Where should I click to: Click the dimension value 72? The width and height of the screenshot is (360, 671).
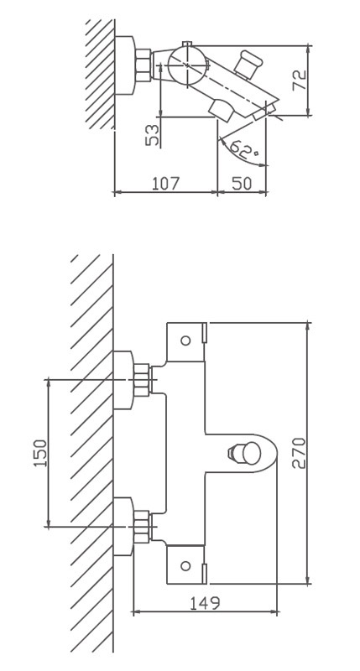[300, 80]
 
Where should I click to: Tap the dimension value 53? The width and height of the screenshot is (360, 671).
[153, 135]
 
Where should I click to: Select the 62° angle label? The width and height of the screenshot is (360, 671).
[244, 148]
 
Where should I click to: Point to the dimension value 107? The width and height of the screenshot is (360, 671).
[166, 183]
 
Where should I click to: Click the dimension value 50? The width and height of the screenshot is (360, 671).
[242, 183]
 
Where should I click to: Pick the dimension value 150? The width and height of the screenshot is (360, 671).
[40, 453]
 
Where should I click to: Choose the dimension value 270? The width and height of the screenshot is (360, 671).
[300, 453]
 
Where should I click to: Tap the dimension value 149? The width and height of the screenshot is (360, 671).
[205, 602]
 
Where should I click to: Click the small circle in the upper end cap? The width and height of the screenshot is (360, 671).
[185, 341]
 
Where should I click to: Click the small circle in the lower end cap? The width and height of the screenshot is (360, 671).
[185, 565]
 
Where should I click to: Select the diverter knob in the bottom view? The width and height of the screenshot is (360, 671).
[244, 452]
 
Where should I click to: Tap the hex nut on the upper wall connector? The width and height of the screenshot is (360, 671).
[143, 379]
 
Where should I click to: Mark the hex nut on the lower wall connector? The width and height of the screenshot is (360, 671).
[143, 527]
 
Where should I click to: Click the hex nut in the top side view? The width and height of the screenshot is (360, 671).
[143, 65]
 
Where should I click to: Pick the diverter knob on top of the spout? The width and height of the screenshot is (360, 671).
[248, 64]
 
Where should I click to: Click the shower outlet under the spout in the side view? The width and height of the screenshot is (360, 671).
[222, 111]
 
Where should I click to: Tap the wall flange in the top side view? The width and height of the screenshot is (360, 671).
[125, 65]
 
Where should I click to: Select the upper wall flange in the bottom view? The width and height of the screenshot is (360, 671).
[123, 380]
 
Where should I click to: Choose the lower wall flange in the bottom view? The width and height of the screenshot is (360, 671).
[123, 527]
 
